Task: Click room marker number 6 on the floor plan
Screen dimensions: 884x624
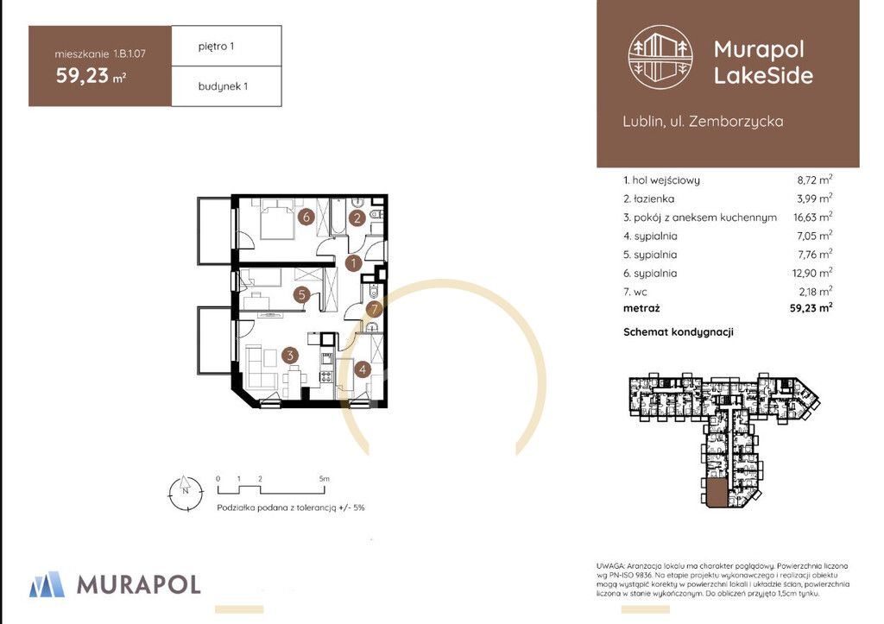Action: (x=306, y=217)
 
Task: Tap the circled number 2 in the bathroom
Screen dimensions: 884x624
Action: (x=357, y=217)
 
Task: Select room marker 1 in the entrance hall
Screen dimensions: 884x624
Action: (x=353, y=262)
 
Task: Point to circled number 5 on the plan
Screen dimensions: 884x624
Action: (x=301, y=294)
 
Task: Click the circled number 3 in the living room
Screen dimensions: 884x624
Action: (x=290, y=355)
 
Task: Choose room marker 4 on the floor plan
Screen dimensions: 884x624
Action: (x=362, y=369)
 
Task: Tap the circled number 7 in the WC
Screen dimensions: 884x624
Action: (x=374, y=309)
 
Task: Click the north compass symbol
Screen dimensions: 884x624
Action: (x=186, y=493)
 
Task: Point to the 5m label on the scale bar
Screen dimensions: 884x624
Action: (x=325, y=478)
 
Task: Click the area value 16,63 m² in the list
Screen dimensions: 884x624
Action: (x=812, y=217)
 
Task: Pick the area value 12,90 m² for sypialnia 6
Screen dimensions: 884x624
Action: (x=812, y=273)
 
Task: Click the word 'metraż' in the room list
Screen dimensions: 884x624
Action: (x=641, y=308)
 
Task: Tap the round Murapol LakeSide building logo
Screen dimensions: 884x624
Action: (x=660, y=57)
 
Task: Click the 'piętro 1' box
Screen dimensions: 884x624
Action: (x=227, y=47)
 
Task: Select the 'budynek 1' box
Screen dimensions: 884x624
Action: (x=227, y=86)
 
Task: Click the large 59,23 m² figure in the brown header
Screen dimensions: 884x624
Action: (x=91, y=76)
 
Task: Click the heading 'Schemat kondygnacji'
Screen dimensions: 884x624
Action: (x=679, y=332)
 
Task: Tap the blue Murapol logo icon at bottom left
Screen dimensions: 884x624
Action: (x=47, y=584)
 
